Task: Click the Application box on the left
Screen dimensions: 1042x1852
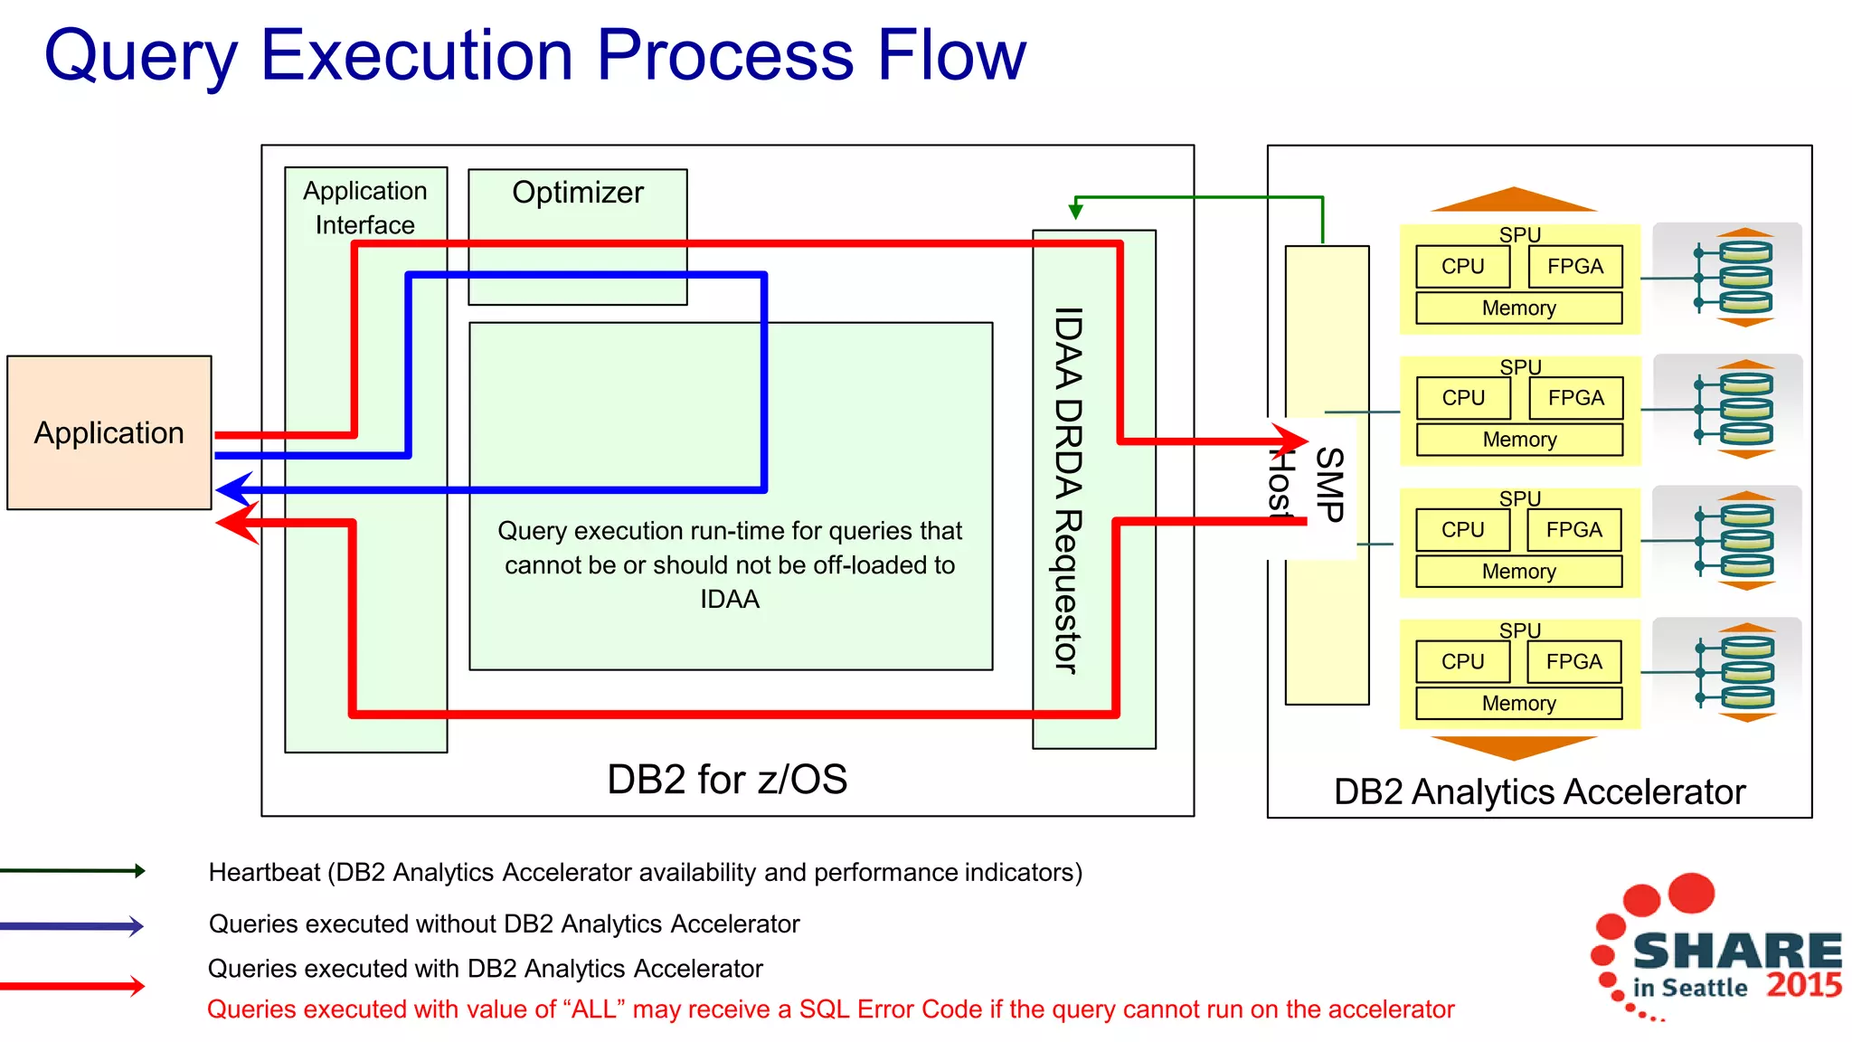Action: pos(109,432)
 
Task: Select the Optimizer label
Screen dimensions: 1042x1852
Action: pos(578,193)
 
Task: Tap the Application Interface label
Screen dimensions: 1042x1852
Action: pos(365,208)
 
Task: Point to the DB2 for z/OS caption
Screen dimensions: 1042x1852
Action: pos(727,779)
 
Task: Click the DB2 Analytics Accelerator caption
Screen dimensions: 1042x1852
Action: pos(1539,791)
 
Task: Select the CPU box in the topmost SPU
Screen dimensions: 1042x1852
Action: pos(1462,267)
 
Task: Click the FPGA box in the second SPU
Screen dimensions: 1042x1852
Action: pos(1575,398)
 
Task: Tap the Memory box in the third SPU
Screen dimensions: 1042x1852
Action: pos(1518,572)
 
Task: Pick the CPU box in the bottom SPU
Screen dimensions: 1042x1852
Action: pos(1462,662)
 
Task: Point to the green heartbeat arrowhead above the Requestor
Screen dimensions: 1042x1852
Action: pos(1075,211)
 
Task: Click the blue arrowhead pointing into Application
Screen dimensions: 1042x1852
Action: pos(233,490)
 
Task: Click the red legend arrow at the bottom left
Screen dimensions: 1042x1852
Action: pos(72,985)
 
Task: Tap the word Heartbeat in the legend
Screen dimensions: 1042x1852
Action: pos(264,873)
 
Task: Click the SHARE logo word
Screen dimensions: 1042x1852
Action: pos(1737,952)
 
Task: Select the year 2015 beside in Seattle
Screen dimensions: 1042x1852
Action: pos(1804,985)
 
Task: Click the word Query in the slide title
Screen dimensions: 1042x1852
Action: pos(141,56)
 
